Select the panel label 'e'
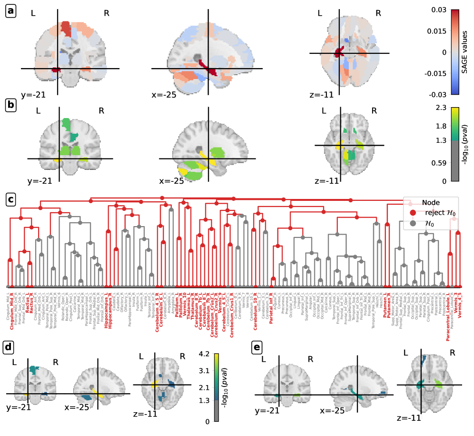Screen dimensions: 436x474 [257, 347]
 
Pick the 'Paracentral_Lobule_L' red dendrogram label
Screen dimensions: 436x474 [448, 309]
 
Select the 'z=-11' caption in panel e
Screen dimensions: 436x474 [409, 418]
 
